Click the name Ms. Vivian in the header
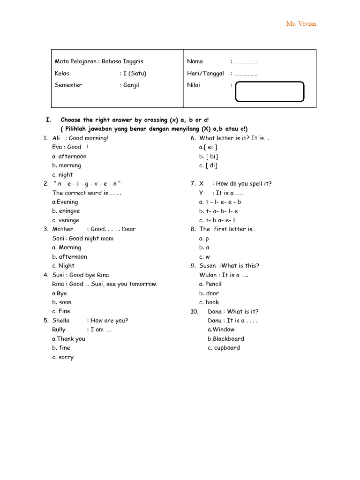(301, 24)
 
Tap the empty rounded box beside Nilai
(270, 91)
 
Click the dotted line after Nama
(246, 62)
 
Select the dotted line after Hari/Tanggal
(246, 74)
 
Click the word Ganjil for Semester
(131, 85)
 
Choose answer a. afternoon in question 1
(69, 157)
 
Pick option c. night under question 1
(63, 175)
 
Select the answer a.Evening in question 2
(65, 202)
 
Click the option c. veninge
(66, 220)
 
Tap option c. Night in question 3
(63, 266)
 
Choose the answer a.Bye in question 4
(60, 293)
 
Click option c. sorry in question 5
(63, 357)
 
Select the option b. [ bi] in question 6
(209, 157)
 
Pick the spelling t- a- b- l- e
(218, 211)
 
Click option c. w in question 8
(204, 257)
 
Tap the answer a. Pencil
(210, 284)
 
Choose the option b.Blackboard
(226, 339)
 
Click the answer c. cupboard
(224, 348)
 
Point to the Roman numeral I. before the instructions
(49, 120)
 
